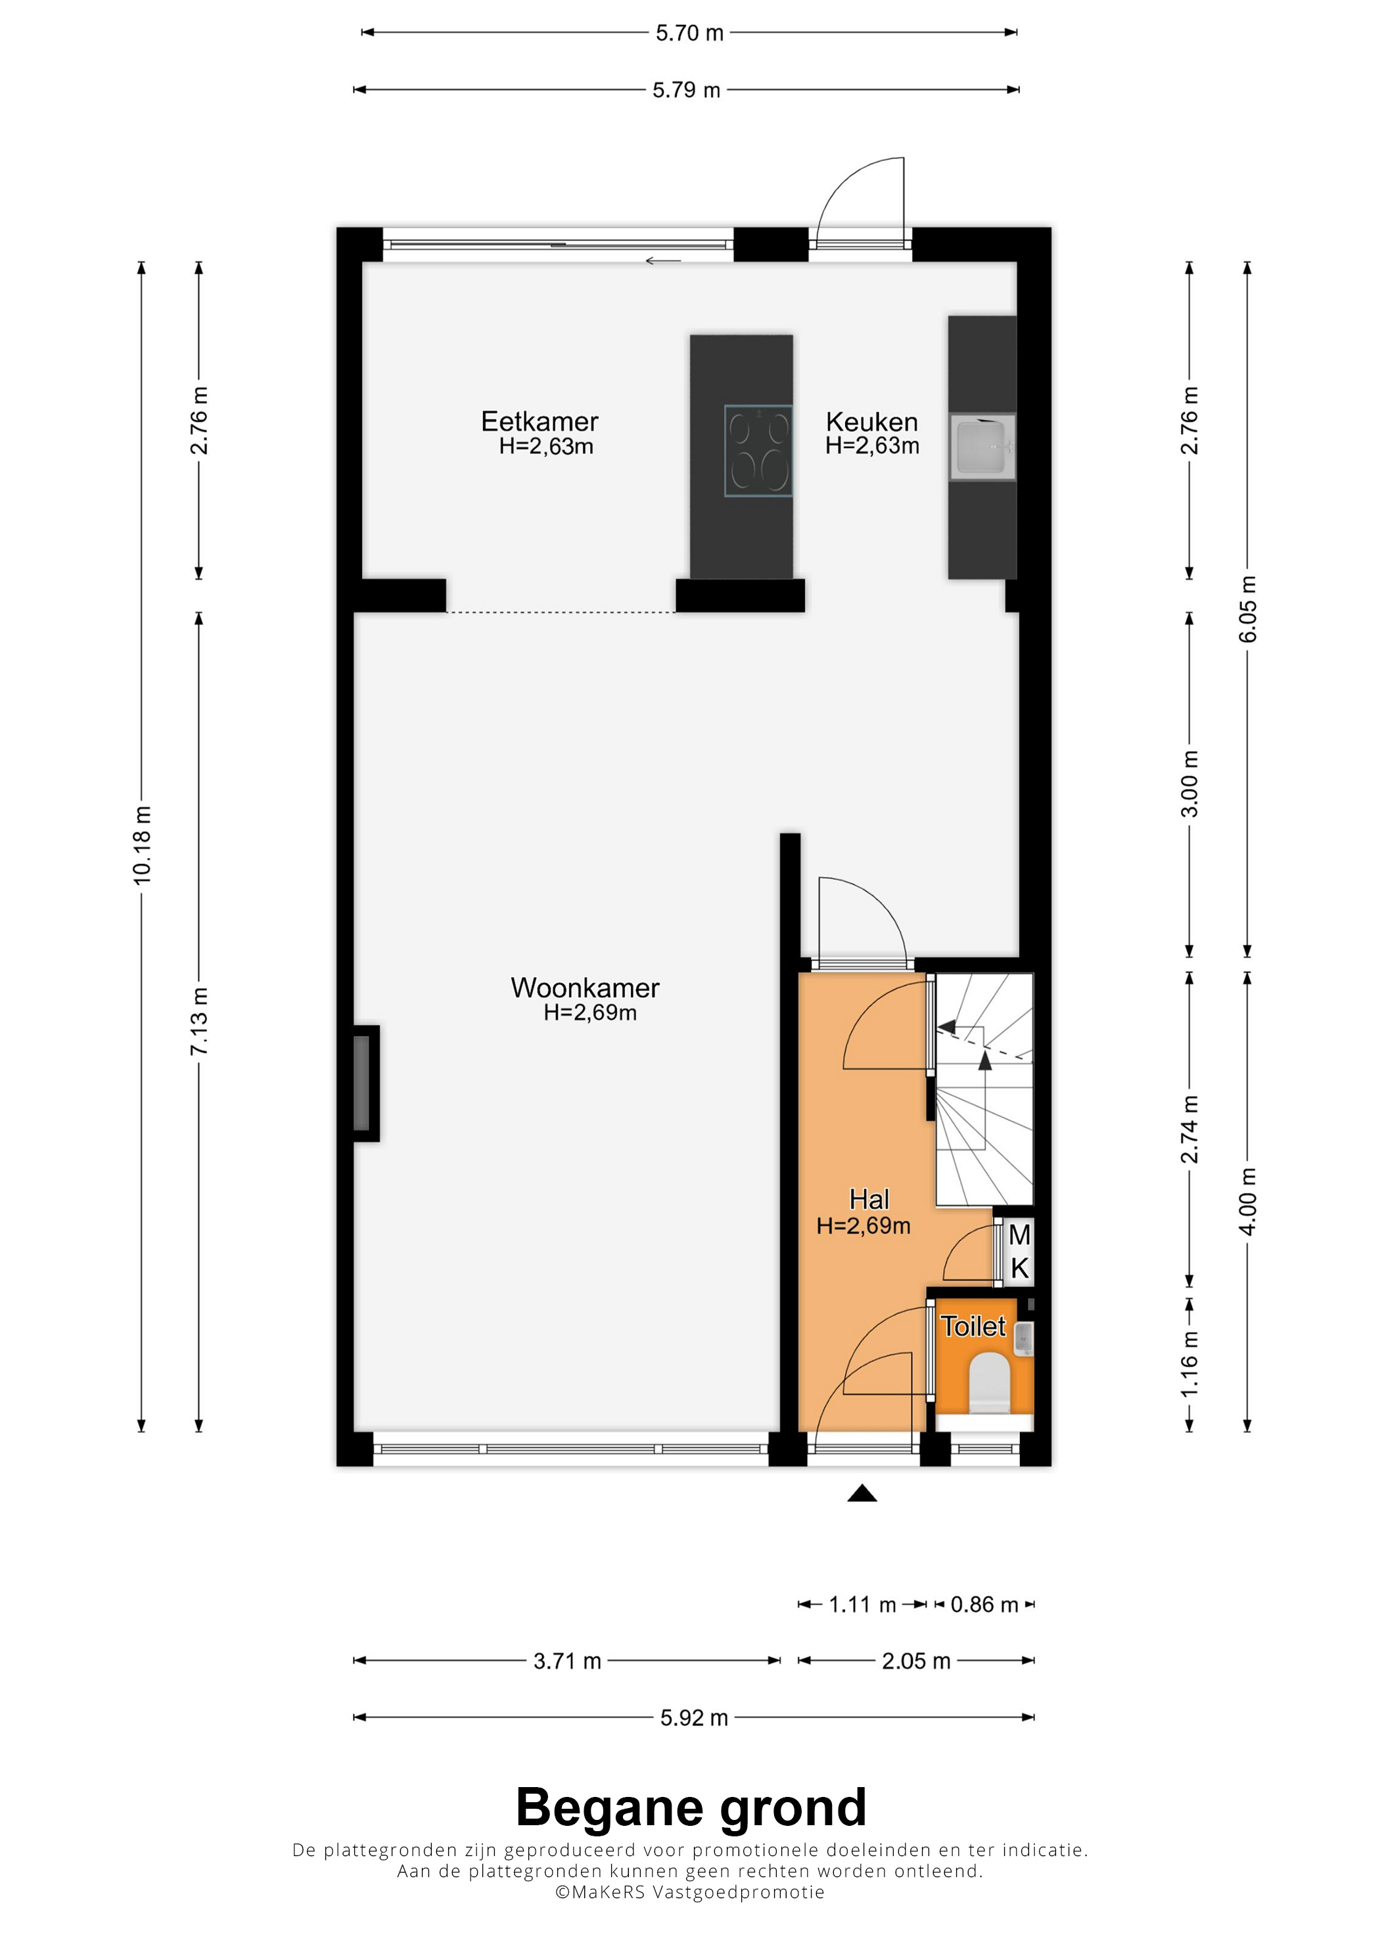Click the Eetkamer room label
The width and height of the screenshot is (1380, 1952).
pyautogui.click(x=540, y=422)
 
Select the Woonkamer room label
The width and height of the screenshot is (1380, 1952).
pyautogui.click(x=585, y=988)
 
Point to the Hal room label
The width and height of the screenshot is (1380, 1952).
pyautogui.click(x=869, y=1200)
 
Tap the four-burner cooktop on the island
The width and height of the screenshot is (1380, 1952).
pyautogui.click(x=758, y=451)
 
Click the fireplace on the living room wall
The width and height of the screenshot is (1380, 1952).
pyautogui.click(x=365, y=1083)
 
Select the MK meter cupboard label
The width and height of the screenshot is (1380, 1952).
pyautogui.click(x=1019, y=1252)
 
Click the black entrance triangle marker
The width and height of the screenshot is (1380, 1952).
pyautogui.click(x=862, y=1494)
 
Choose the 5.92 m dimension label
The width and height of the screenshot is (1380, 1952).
pyautogui.click(x=694, y=1717)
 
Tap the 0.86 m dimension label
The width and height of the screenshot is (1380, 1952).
pyautogui.click(x=984, y=1604)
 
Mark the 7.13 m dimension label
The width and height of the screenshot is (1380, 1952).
pyautogui.click(x=199, y=1021)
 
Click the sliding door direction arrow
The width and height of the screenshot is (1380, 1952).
pyautogui.click(x=663, y=260)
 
